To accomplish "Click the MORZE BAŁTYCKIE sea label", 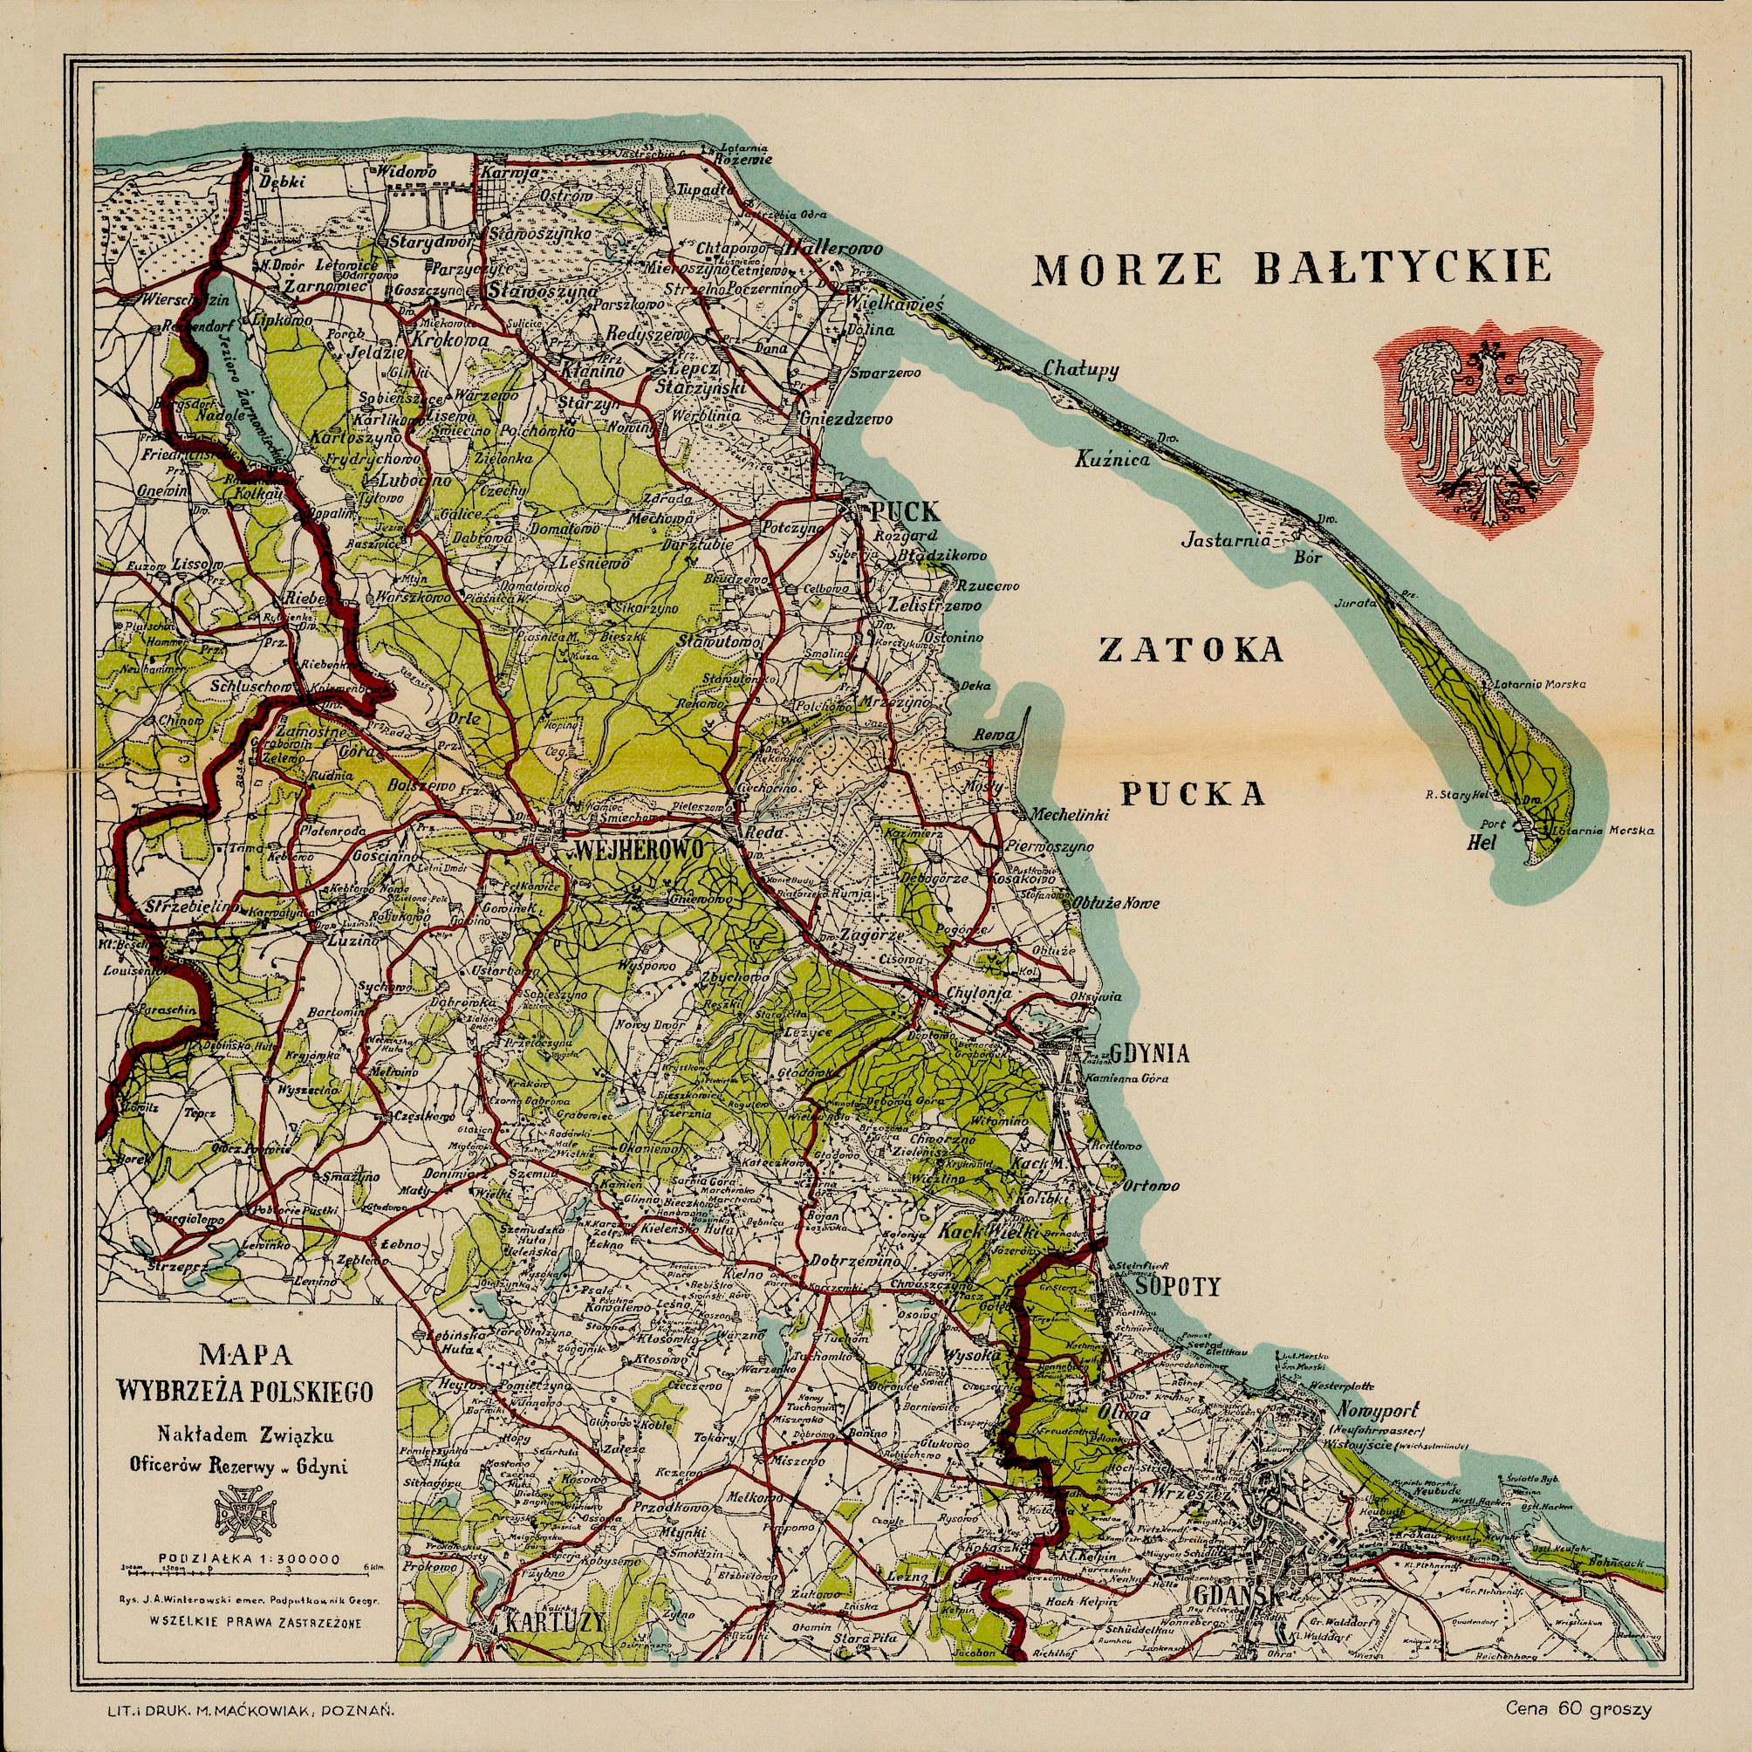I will tap(1292, 269).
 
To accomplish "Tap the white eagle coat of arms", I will tap(1489, 426).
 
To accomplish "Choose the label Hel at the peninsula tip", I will tap(1481, 843).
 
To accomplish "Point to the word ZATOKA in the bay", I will tap(1191, 650).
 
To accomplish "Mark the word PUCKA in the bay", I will tap(1194, 794).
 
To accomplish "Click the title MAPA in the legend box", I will tap(246, 1356).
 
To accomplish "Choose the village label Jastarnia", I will tap(1228, 541).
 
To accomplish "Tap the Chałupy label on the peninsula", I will tap(1081, 370).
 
